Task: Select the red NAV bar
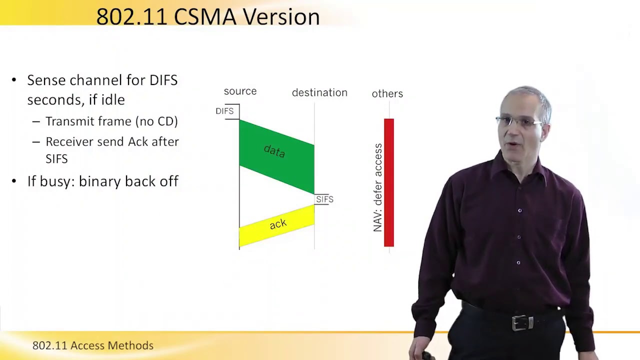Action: pos(388,182)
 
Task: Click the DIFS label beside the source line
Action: pos(224,111)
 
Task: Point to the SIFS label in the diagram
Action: pos(324,199)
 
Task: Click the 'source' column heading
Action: pos(240,91)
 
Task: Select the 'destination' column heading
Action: pos(319,92)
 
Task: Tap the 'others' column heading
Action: pos(387,93)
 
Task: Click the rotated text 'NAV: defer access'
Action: pos(377,187)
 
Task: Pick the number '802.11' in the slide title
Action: pos(131,16)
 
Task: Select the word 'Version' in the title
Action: pos(281,16)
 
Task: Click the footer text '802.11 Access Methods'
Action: pos(93,345)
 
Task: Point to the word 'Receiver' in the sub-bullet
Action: pos(69,141)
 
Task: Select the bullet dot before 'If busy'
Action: pos(14,181)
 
